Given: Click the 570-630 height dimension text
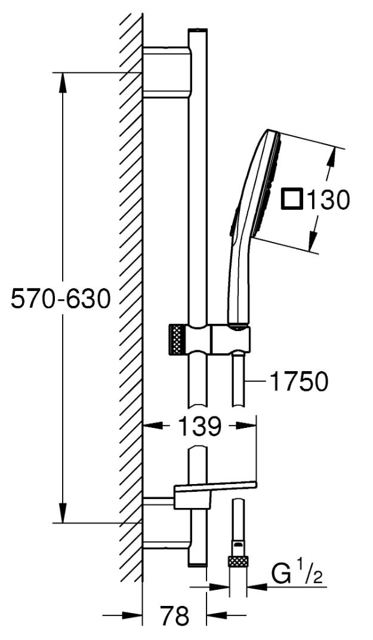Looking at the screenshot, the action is point(60,298).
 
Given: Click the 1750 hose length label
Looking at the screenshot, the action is point(299,382).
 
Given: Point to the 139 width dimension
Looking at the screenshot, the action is point(199,427).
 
